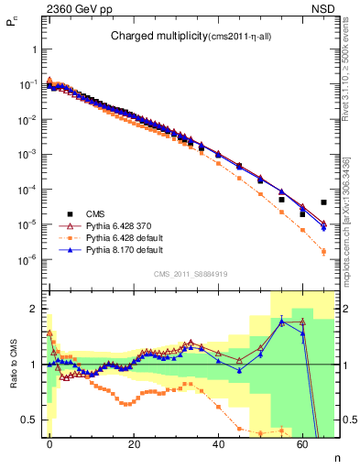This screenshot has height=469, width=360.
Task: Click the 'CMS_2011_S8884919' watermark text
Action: click(x=191, y=274)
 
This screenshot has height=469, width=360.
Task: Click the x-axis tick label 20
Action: click(x=134, y=443)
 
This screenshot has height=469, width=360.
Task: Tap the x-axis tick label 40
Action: click(x=218, y=443)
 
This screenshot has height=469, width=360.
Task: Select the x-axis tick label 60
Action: click(x=303, y=443)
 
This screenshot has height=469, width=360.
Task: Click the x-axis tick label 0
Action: click(x=49, y=443)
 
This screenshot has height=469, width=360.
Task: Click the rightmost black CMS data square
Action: click(x=323, y=202)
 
